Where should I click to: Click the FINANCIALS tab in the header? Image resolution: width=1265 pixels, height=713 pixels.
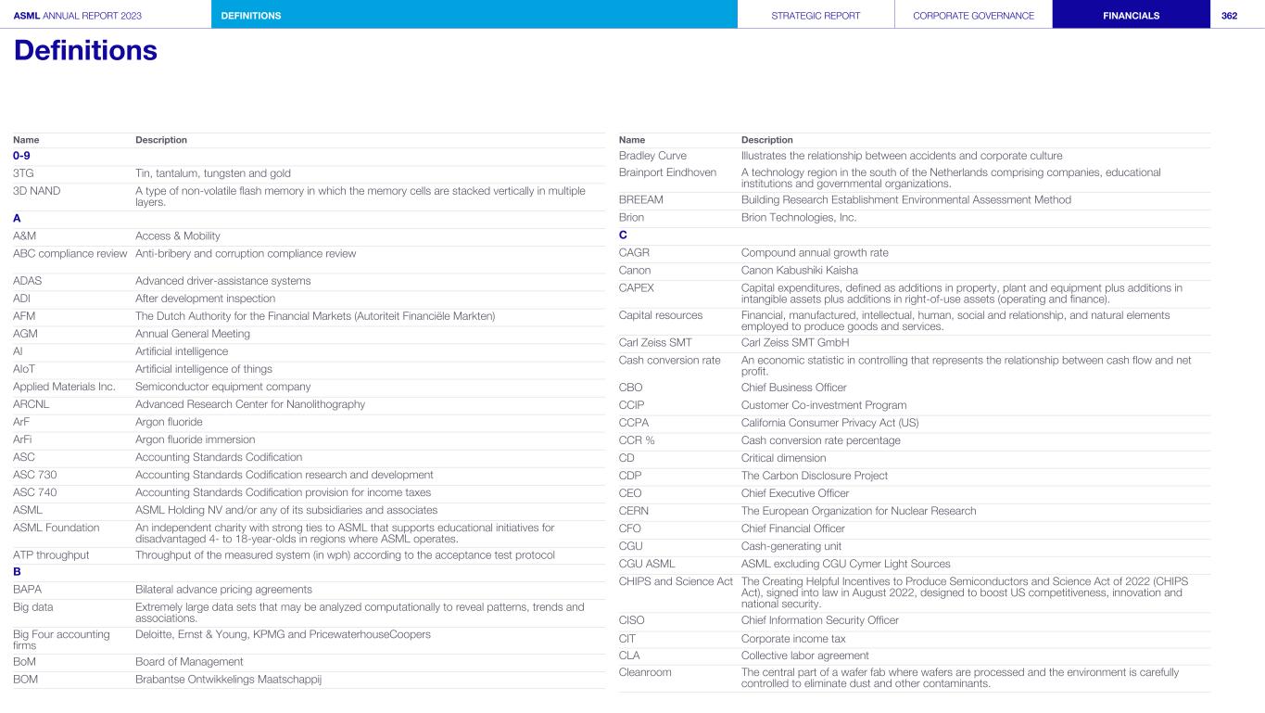point(1131,15)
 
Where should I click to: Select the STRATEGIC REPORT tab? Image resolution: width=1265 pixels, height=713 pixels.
point(816,15)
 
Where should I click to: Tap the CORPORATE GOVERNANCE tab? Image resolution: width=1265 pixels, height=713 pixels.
point(973,15)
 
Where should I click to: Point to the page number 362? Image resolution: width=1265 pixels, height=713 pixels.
point(1229,15)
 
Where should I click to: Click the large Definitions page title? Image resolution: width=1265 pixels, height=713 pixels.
point(85,50)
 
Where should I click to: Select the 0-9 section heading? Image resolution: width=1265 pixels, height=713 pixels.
point(21,156)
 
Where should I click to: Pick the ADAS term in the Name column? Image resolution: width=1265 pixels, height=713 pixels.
point(28,281)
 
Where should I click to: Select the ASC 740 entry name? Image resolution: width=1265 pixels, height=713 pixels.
point(35,492)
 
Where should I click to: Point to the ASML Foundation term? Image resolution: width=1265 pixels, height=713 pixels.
point(56,528)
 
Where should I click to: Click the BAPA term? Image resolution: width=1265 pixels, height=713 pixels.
point(27,590)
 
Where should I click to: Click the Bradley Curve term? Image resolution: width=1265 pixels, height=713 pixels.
point(652,156)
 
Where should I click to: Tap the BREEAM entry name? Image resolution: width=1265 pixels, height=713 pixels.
point(640,199)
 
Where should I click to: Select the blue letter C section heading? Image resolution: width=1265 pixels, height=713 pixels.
point(623,236)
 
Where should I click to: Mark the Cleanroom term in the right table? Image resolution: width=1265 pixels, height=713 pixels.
point(645,672)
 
